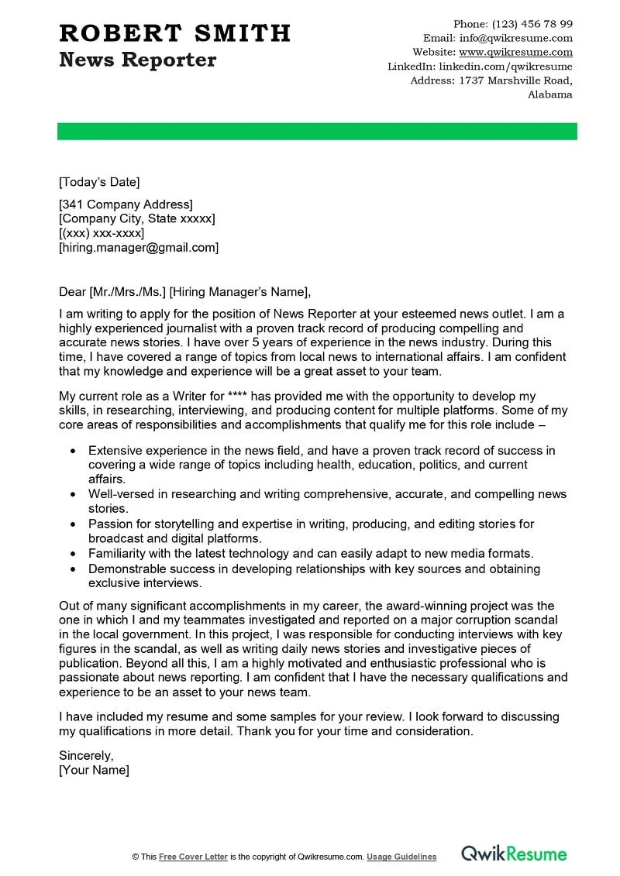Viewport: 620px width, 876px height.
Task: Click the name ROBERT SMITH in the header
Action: pos(174,33)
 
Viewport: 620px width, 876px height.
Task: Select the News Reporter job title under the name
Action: pos(137,60)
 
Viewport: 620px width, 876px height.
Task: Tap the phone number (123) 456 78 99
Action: pos(534,24)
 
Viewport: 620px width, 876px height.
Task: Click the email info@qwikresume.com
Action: pos(515,38)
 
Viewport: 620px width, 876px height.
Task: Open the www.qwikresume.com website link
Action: pos(515,53)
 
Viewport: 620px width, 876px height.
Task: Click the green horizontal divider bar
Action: pos(317,131)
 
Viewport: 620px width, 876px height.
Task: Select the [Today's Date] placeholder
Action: pos(99,183)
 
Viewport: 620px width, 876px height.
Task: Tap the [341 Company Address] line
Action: pos(126,204)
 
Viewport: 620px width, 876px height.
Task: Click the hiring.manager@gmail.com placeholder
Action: pos(139,248)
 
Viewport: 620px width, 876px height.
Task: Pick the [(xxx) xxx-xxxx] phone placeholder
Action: pos(102,233)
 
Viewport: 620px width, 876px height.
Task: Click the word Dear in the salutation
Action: pos(73,292)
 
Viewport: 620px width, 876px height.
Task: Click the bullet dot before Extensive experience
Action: pos(73,451)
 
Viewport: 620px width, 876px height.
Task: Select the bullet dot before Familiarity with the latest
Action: pos(73,555)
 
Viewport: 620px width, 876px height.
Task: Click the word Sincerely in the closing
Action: pos(86,755)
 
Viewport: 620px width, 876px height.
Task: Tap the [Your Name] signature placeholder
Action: pos(94,770)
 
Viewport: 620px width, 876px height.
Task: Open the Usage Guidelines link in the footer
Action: pos(401,857)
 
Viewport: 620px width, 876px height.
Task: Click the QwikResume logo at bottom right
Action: pos(514,854)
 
